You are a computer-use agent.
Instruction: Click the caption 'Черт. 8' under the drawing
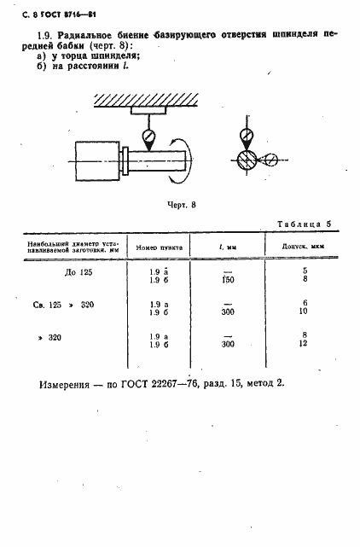180,205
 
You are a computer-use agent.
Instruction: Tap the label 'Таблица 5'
304,224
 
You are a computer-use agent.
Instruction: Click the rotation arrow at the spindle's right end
194,159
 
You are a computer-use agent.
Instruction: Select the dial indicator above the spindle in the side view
148,134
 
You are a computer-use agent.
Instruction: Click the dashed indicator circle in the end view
270,160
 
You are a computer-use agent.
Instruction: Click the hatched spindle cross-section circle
246,160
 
